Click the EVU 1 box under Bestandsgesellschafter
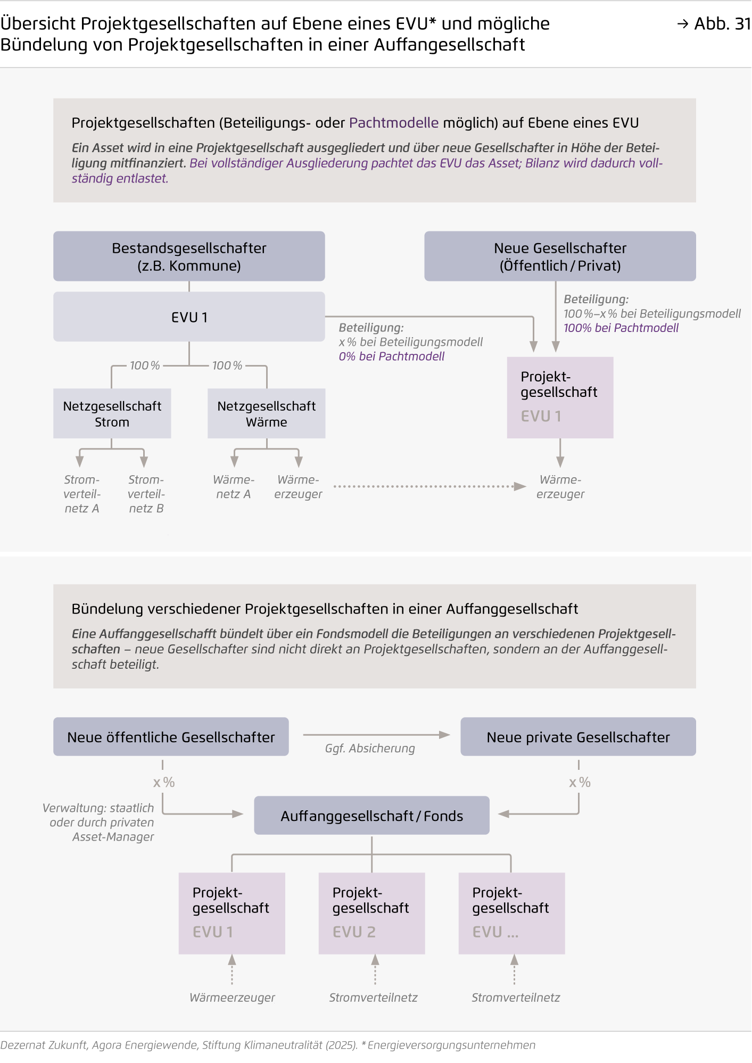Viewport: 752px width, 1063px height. pos(189,317)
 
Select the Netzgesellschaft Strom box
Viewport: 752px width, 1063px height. pos(112,413)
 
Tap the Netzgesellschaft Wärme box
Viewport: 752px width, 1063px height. pos(266,413)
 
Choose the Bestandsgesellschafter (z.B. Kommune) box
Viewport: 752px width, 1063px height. pos(189,256)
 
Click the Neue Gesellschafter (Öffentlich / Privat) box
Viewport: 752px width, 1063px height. pos(560,256)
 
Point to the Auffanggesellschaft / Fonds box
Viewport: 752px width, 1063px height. pos(371,815)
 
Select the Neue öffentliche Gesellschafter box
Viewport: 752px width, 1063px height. pos(171,737)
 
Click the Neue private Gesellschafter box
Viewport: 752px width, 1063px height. pos(578,737)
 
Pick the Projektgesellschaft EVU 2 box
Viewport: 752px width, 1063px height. pos(371,913)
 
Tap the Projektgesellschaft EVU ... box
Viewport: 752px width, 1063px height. pos(511,913)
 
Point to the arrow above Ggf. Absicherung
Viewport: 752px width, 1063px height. pos(376,735)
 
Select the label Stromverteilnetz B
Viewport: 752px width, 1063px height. pos(146,494)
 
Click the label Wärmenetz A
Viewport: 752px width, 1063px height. pos(234,486)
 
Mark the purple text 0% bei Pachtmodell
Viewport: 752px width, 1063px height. pos(392,356)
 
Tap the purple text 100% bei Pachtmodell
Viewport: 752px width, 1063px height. pos(621,328)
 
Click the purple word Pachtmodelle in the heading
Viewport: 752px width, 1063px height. pos(394,123)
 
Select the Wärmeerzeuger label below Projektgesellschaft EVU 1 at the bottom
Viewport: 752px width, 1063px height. pos(233,998)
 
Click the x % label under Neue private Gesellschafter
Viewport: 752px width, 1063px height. pos(580,782)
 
